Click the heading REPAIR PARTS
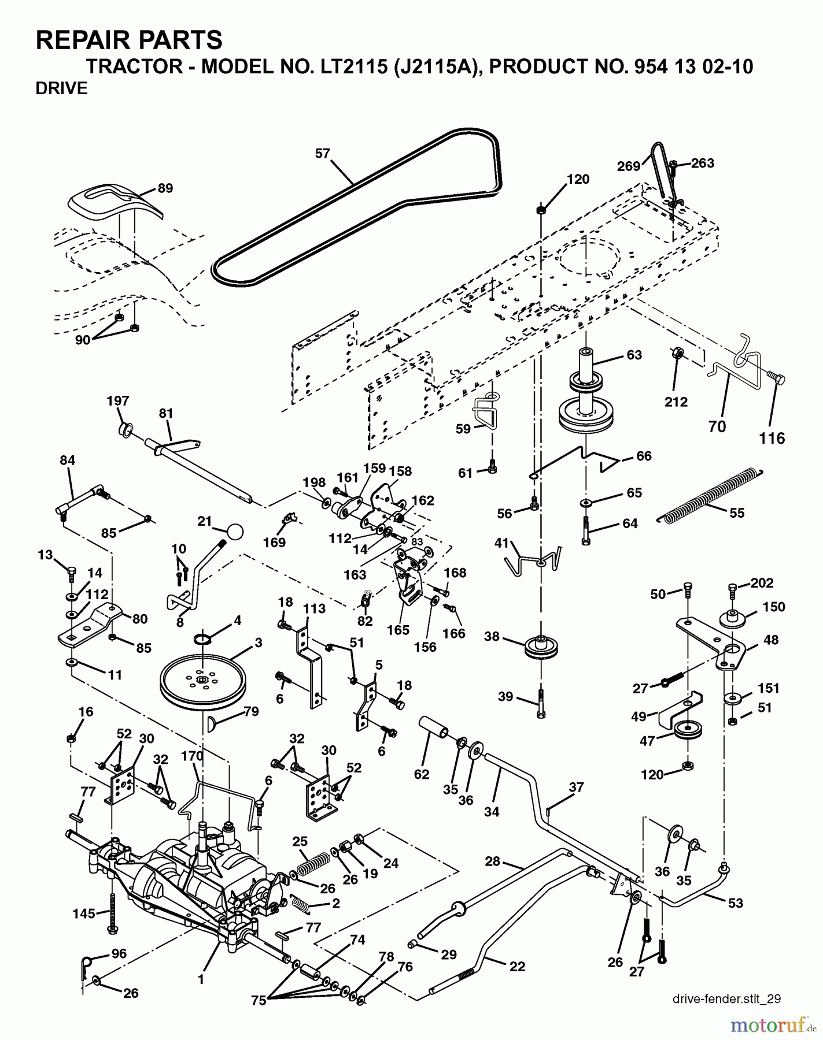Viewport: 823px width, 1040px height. [129, 40]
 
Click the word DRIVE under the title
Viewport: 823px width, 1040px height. [62, 88]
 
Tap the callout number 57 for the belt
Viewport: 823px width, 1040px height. [323, 153]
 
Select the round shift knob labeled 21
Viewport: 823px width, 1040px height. [234, 531]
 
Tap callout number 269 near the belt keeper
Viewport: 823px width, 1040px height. [629, 166]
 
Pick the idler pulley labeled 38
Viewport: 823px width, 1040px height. [541, 647]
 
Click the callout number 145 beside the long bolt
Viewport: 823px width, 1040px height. [84, 913]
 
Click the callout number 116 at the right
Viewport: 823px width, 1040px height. [772, 439]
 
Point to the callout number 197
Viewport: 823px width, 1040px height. [118, 400]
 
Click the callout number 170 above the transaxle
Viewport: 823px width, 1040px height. [192, 756]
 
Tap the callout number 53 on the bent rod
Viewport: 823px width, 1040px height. [735, 902]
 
